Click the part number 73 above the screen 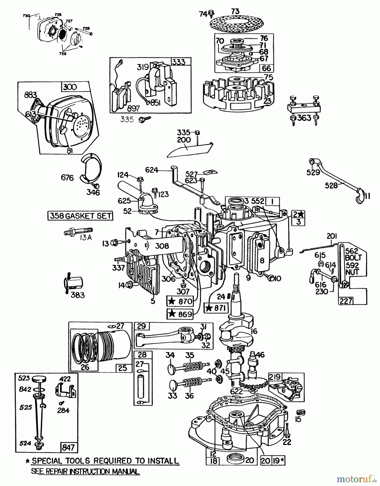pyautogui.click(x=235, y=11)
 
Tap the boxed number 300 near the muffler pyautogui.click(x=70, y=87)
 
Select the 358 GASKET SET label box pyautogui.click(x=80, y=216)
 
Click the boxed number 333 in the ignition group pyautogui.click(x=179, y=62)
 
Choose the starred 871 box pyautogui.click(x=216, y=308)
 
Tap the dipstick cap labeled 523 pyautogui.click(x=40, y=379)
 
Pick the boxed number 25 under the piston pyautogui.click(x=123, y=368)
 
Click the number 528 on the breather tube pyautogui.click(x=331, y=185)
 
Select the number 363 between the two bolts pyautogui.click(x=304, y=118)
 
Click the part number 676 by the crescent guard pyautogui.click(x=67, y=178)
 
